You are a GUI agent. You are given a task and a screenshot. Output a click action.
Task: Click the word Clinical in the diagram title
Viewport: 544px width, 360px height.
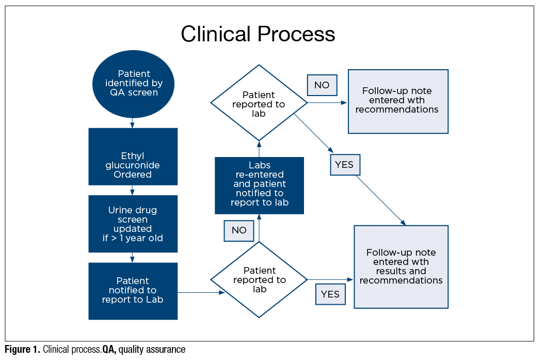tap(216, 34)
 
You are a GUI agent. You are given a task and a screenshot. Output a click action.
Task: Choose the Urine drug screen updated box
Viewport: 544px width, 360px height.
tap(133, 224)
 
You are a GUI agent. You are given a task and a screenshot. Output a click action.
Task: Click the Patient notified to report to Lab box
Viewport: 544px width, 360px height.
tap(133, 291)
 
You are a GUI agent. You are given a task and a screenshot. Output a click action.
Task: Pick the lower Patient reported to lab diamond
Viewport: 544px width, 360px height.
tap(259, 280)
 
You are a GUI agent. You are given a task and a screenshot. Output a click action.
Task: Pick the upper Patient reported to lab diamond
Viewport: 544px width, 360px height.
tap(259, 103)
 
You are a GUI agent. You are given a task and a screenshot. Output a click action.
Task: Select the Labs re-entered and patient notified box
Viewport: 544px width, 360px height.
tap(259, 185)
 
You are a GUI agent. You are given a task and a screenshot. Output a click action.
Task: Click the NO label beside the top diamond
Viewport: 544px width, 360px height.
tap(322, 85)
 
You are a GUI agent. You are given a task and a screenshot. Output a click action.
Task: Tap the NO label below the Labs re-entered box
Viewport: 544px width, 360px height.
tap(239, 230)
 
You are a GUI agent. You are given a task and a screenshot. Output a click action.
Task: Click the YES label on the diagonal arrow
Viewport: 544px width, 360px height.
tap(344, 165)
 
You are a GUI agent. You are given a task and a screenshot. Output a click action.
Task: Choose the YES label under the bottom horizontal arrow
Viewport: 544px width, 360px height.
tap(330, 294)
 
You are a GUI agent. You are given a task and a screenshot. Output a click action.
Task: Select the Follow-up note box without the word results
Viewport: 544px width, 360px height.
tap(397, 101)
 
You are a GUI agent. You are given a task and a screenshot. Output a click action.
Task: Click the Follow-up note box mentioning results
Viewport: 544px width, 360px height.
tap(401, 267)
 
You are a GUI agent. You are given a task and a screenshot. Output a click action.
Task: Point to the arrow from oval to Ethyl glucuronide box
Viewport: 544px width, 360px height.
tap(133, 123)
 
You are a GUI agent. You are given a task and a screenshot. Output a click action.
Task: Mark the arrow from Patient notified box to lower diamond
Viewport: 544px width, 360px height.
tap(201, 292)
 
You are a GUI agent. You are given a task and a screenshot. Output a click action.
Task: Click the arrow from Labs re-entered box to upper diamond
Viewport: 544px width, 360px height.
tap(259, 149)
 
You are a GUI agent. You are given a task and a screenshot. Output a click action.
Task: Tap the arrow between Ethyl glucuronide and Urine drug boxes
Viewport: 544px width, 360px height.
tap(133, 190)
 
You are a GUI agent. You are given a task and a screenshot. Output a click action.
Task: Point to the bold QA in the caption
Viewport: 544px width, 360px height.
tap(109, 350)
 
